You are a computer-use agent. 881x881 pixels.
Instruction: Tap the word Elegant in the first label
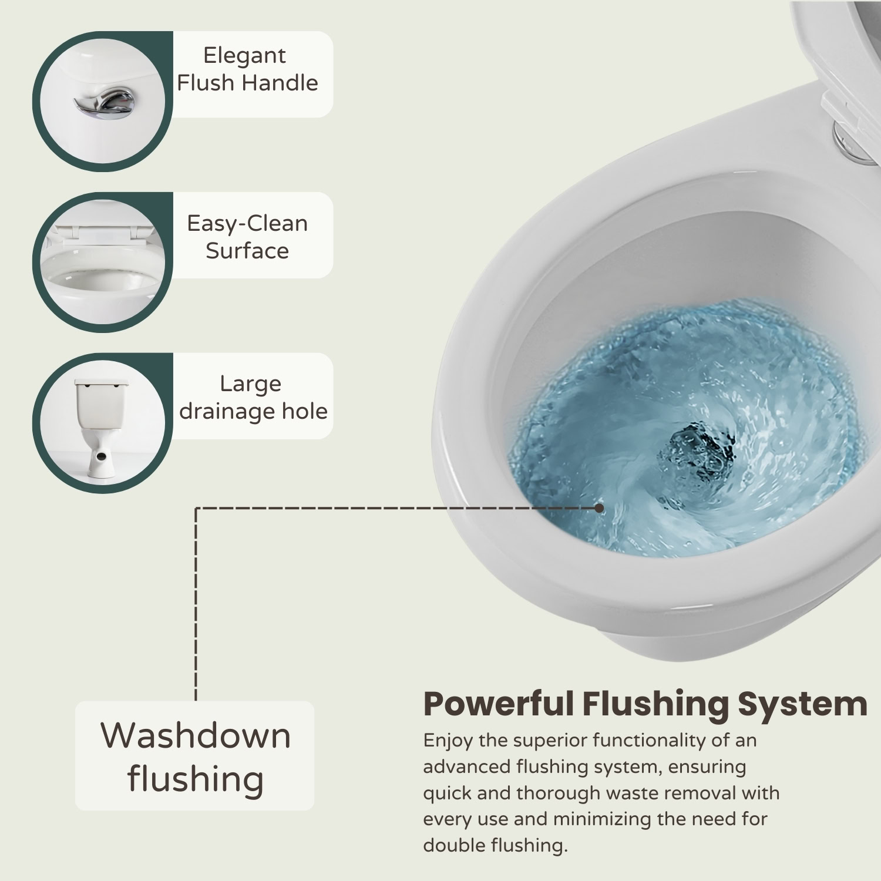pos(244,56)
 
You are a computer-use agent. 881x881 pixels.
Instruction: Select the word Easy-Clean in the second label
pos(247,223)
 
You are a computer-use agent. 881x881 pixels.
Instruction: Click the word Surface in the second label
pos(247,251)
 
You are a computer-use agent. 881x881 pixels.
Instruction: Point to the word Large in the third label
pos(250,384)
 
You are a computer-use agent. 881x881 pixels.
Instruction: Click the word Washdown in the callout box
pos(196,735)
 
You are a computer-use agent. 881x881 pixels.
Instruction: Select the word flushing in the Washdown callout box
pos(195,779)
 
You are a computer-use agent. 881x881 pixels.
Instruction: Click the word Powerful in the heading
pos(498,704)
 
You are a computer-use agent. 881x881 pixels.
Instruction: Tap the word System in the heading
pos(803,705)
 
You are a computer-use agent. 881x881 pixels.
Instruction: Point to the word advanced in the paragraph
pos(467,767)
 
